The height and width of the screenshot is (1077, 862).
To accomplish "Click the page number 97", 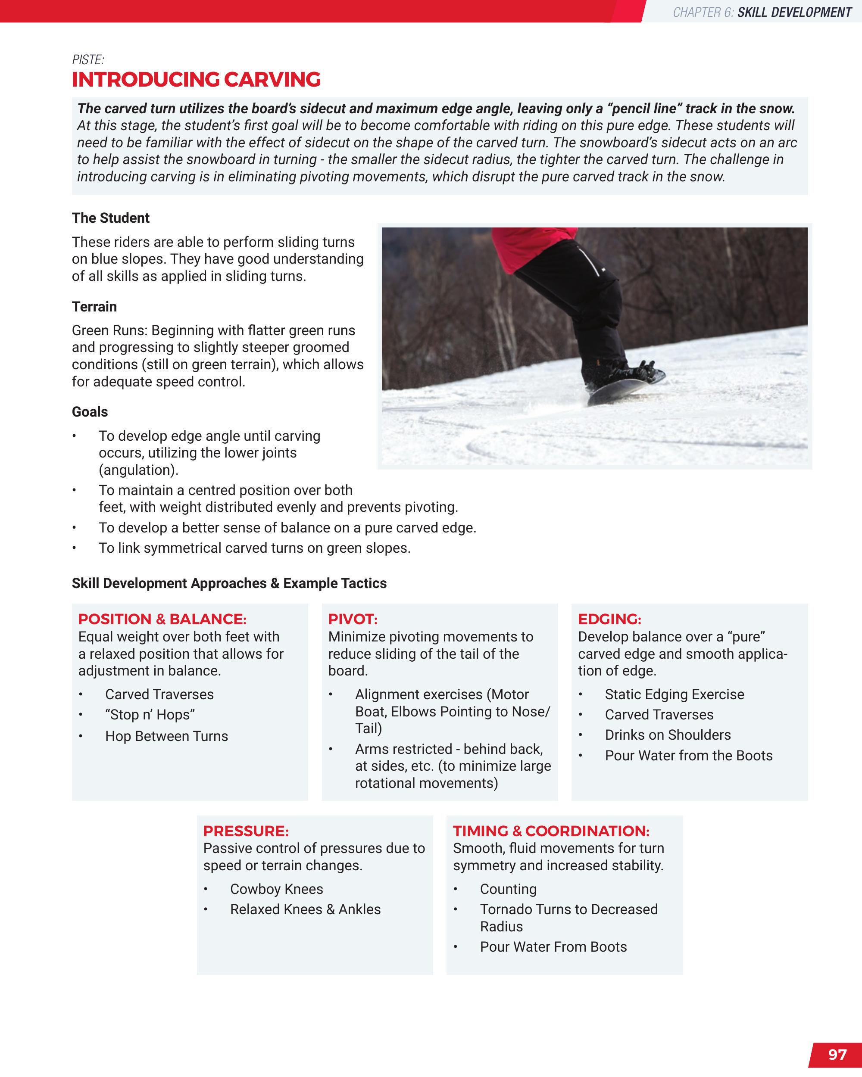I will tap(837, 1054).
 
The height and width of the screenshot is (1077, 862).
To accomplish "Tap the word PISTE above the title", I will tap(88, 60).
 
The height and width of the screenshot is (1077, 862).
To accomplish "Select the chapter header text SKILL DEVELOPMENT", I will tap(794, 12).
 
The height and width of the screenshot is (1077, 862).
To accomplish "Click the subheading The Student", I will tap(110, 218).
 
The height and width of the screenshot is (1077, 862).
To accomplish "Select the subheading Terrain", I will tap(94, 306).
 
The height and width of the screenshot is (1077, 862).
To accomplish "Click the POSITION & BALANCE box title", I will tap(162, 619).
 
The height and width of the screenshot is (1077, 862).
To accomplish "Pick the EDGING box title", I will tap(609, 619).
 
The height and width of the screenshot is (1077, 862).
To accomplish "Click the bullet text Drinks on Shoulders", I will tap(668, 735).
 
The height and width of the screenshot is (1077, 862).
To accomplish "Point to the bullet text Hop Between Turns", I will tap(166, 736).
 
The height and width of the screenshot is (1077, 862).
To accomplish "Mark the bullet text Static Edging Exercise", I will tap(674, 694).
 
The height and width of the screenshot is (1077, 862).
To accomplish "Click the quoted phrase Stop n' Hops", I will tap(150, 715).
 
